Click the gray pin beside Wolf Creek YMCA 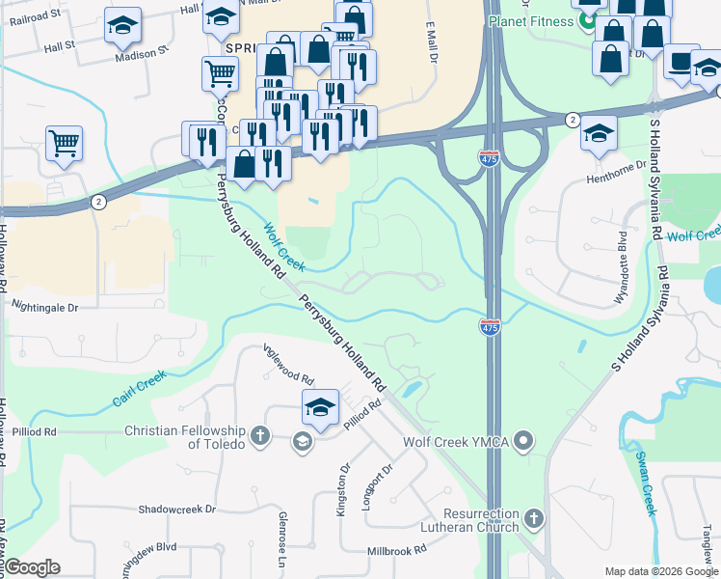(523, 442)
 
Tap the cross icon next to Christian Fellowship (259, 437)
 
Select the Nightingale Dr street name (43, 306)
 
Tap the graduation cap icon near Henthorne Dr (599, 134)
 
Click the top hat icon (681, 65)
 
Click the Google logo (32, 567)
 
